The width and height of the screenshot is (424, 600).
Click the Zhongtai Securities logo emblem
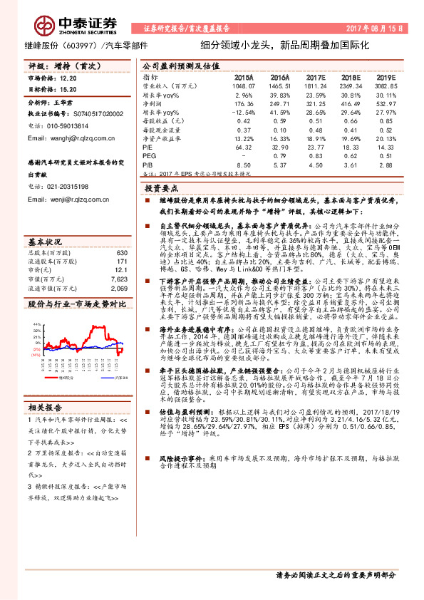coord(44,25)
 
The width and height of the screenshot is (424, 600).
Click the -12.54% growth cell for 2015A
coord(243,113)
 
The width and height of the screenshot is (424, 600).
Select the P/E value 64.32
coord(243,147)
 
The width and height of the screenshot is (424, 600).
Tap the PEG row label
coord(149,155)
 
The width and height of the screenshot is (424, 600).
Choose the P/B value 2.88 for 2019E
coord(386,164)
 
